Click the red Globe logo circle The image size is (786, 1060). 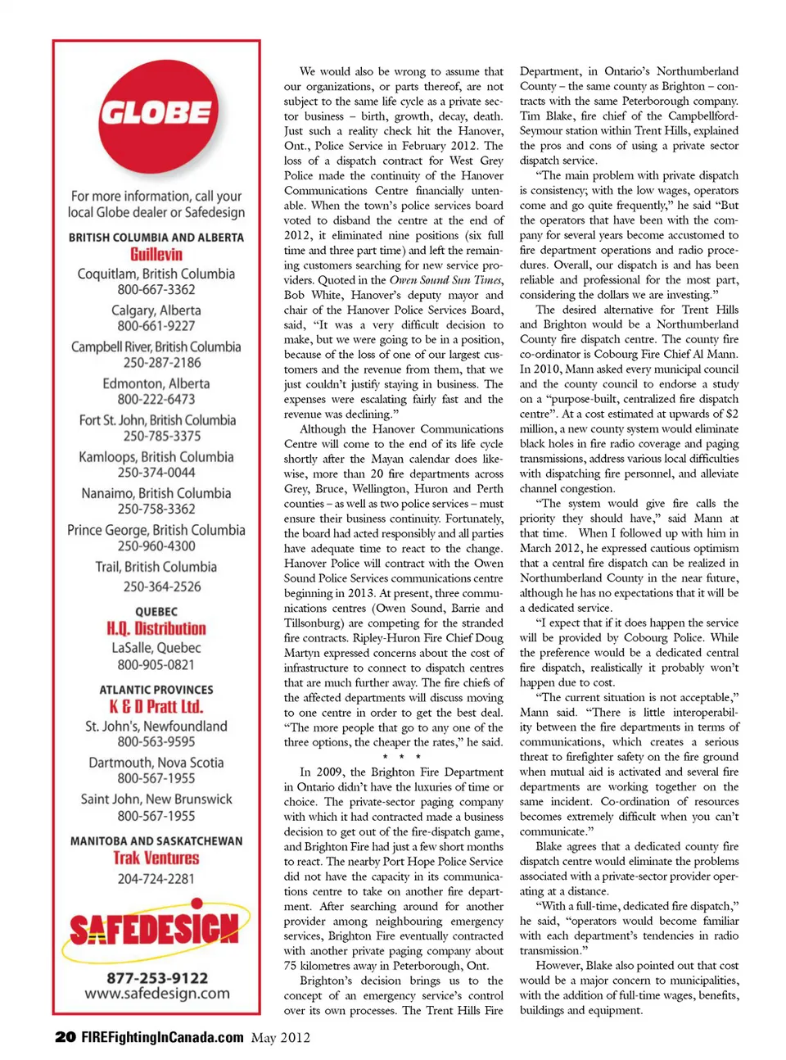pyautogui.click(x=156, y=112)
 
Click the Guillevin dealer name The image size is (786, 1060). pyautogui.click(x=156, y=254)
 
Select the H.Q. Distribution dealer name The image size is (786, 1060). pyautogui.click(x=156, y=628)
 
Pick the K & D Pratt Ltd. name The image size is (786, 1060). pyautogui.click(x=156, y=706)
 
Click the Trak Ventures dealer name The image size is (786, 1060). pyautogui.click(x=156, y=858)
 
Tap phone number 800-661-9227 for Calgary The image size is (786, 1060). pyautogui.click(x=156, y=325)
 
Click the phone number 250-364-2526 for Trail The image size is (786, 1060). pyautogui.click(x=156, y=587)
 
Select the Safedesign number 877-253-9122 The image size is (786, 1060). pyautogui.click(x=156, y=977)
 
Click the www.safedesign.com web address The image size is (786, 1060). pyautogui.click(x=156, y=994)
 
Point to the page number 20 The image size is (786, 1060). pyautogui.click(x=65, y=1037)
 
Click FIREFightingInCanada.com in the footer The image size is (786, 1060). pyautogui.click(x=162, y=1037)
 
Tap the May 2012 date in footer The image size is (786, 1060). pyautogui.click(x=281, y=1038)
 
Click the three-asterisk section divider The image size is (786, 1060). pyautogui.click(x=401, y=757)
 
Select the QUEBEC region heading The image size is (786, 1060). pyautogui.click(x=156, y=611)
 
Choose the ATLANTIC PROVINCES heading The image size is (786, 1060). pyautogui.click(x=156, y=690)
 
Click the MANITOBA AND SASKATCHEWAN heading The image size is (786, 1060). pyautogui.click(x=156, y=840)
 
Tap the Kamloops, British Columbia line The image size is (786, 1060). pyautogui.click(x=156, y=456)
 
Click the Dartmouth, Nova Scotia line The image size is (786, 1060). pyautogui.click(x=156, y=762)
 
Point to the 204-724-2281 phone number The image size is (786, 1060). pyautogui.click(x=156, y=878)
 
